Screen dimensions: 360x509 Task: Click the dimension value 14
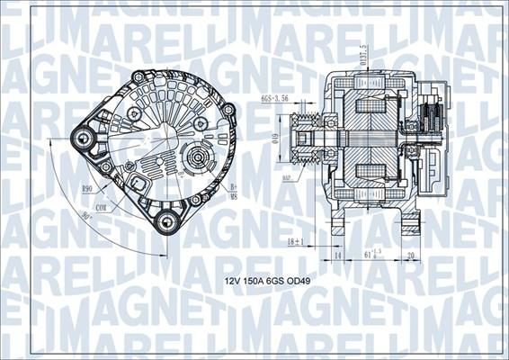tap(336, 256)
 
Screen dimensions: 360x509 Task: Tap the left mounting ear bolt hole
tap(85, 138)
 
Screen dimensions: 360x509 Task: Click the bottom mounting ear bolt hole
tap(165, 221)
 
